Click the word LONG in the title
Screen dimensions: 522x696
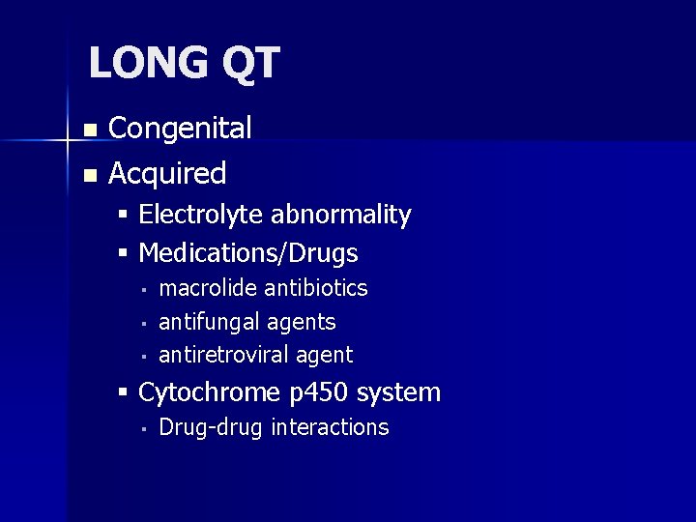point(146,64)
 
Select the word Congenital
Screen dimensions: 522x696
point(180,128)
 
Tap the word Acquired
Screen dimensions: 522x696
point(167,174)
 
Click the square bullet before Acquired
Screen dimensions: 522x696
point(90,176)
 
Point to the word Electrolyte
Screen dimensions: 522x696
point(200,215)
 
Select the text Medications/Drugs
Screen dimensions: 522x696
point(248,253)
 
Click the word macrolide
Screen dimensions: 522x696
point(208,288)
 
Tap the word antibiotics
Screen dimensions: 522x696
point(316,288)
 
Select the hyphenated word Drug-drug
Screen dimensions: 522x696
point(211,427)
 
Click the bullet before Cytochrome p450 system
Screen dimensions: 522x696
point(123,393)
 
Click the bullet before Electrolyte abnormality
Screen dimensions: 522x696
point(123,216)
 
